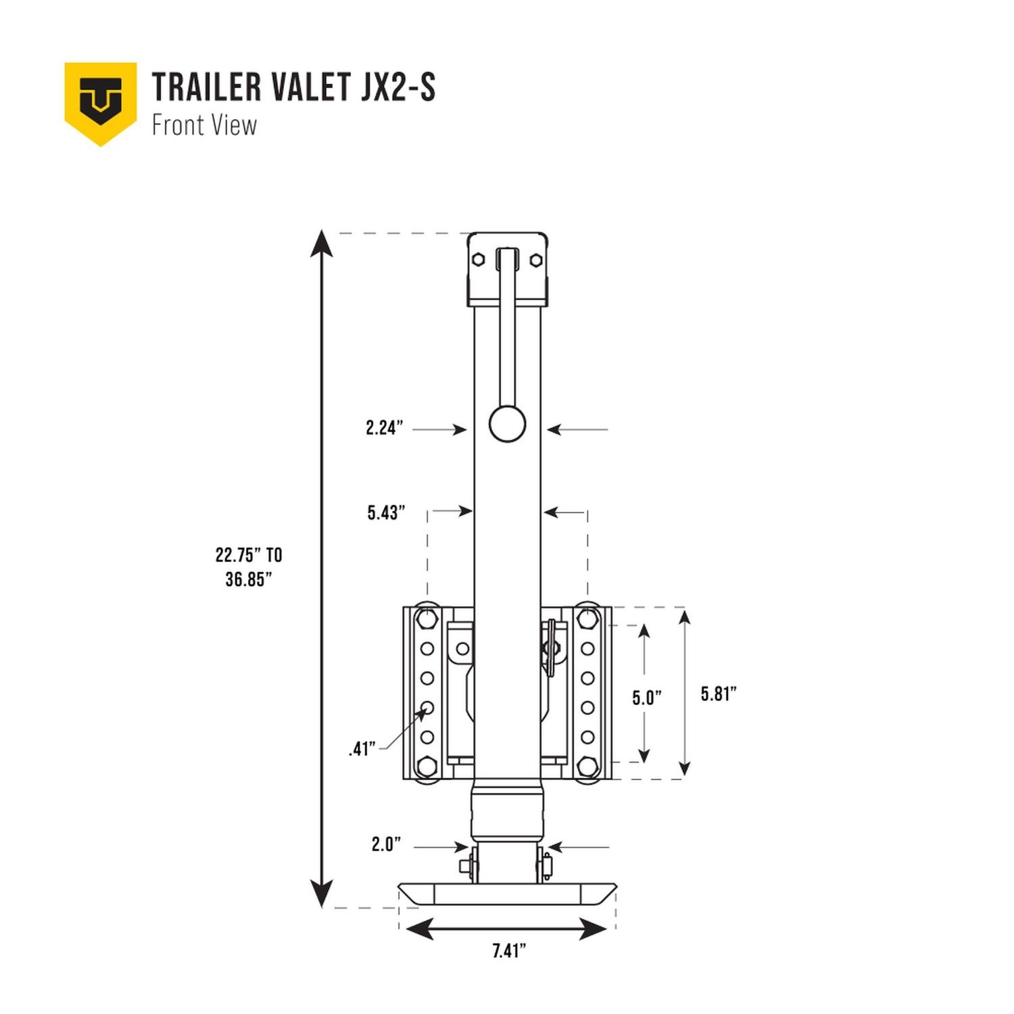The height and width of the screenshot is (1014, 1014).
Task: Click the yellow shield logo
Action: [x=101, y=102]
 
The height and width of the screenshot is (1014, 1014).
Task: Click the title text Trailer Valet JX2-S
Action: [x=293, y=87]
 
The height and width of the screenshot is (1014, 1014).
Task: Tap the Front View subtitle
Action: [x=204, y=126]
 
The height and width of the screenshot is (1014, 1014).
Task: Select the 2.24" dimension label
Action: [x=384, y=428]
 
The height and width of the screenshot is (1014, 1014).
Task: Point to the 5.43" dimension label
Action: [x=386, y=513]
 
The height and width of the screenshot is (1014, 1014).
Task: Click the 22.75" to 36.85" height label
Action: [x=249, y=567]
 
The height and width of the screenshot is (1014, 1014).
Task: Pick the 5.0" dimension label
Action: [x=646, y=698]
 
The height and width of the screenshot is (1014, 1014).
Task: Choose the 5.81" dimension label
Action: [x=718, y=694]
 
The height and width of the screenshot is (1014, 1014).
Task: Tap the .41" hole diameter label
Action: [x=362, y=749]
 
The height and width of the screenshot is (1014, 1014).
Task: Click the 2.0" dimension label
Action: [x=386, y=844]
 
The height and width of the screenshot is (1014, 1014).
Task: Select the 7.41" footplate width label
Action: [x=508, y=951]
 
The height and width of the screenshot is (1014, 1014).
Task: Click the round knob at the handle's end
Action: [x=507, y=424]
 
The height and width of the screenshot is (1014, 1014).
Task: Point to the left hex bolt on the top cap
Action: [x=479, y=260]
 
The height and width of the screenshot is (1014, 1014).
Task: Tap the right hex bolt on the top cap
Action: [x=535, y=260]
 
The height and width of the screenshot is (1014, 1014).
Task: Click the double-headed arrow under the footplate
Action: [x=507, y=930]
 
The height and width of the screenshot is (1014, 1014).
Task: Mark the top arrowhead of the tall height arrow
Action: [x=322, y=243]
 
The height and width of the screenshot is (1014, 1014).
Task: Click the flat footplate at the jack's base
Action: [x=507, y=894]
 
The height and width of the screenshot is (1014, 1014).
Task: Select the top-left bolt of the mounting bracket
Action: [x=427, y=618]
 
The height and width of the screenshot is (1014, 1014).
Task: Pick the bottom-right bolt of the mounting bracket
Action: [x=587, y=767]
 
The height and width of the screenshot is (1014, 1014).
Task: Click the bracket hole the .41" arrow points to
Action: [x=427, y=708]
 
